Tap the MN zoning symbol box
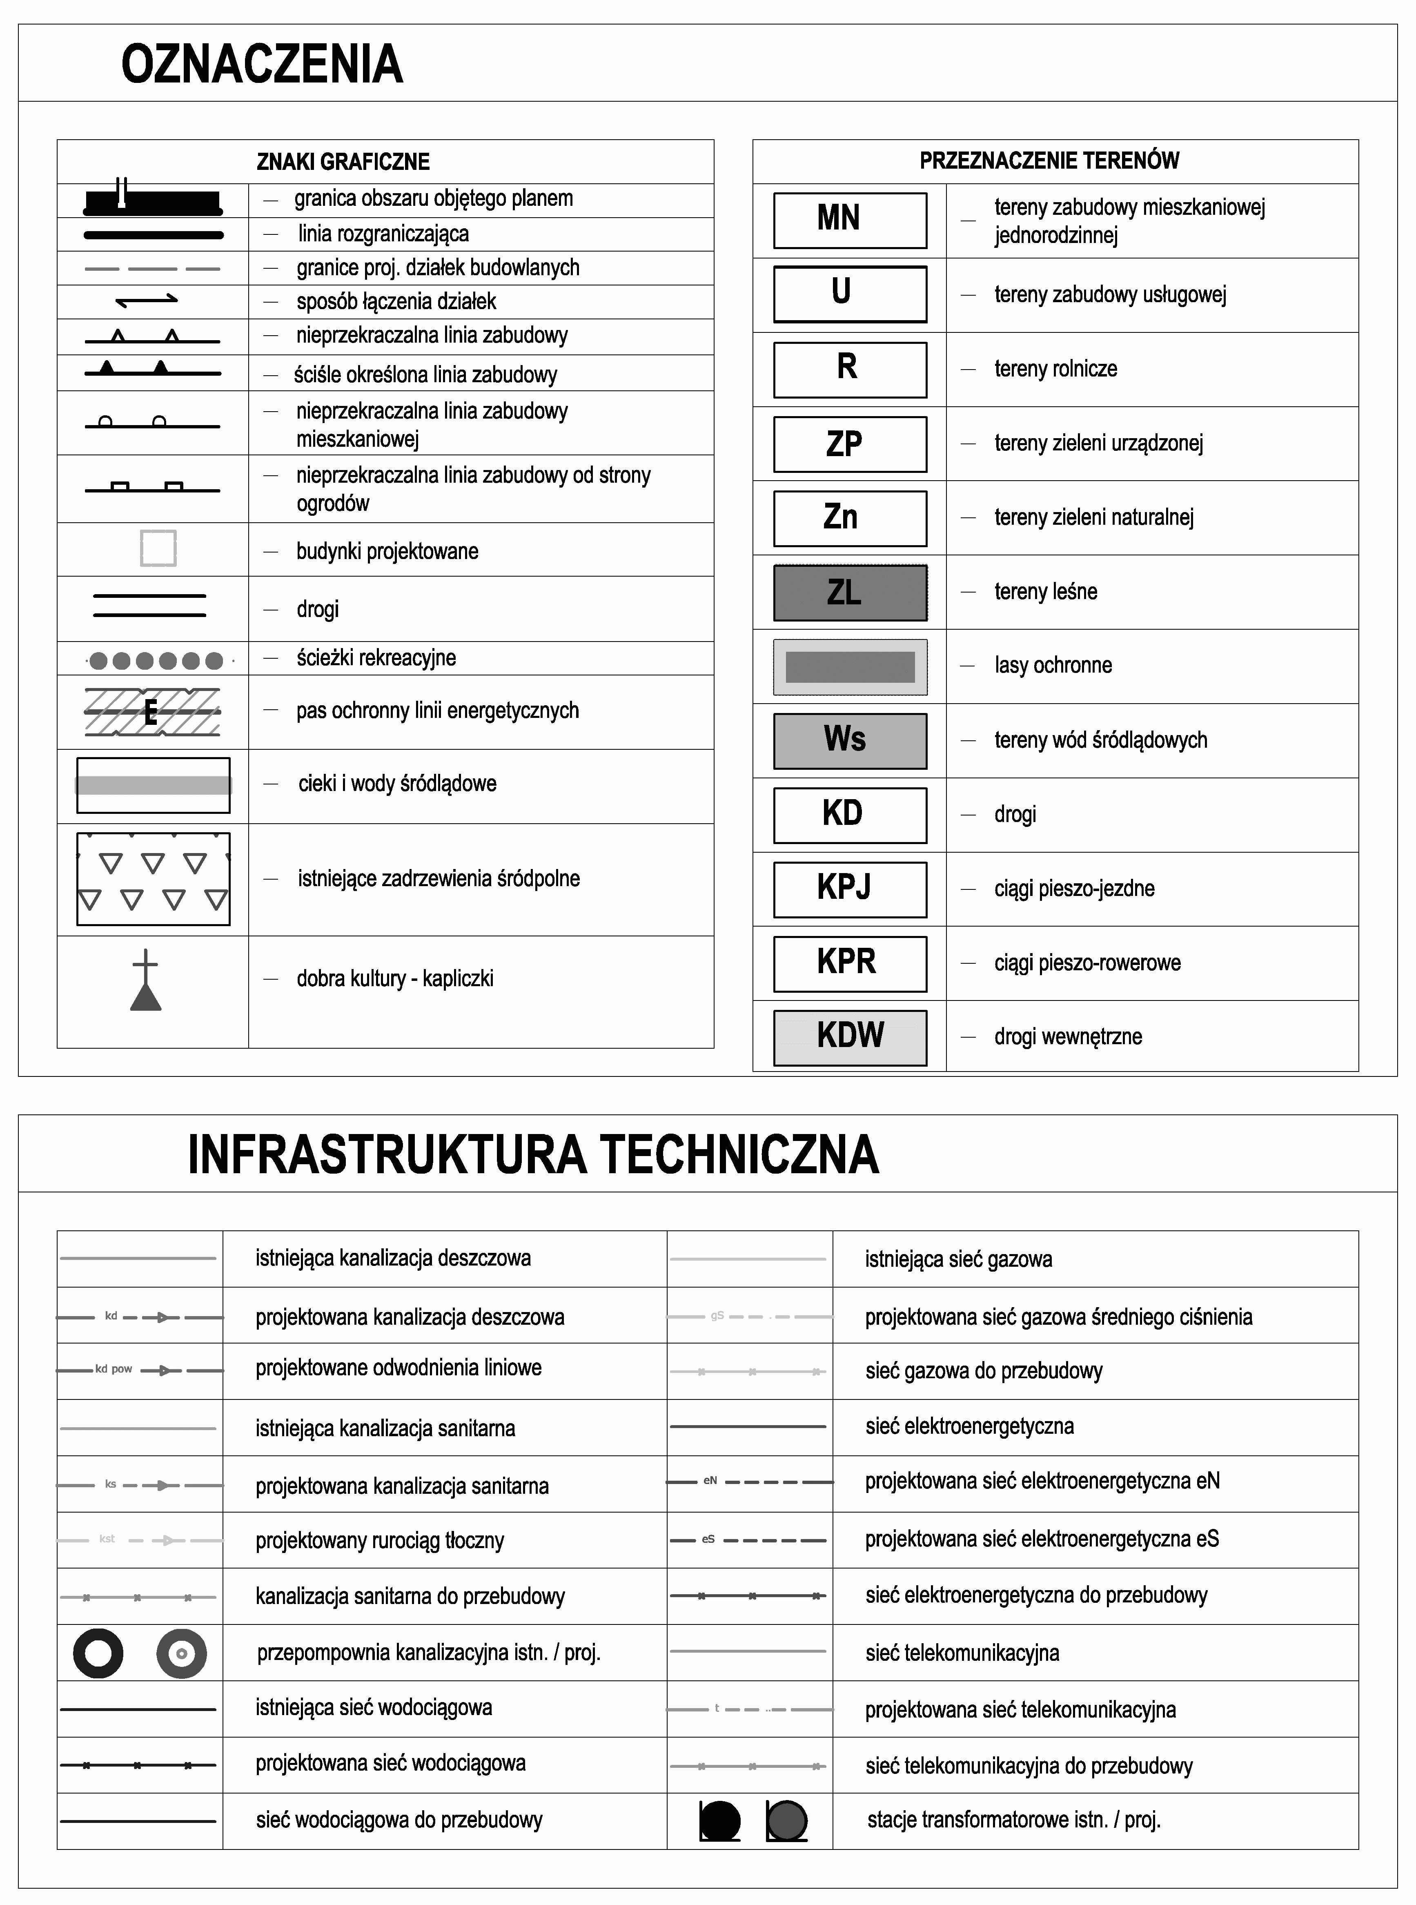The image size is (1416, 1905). pyautogui.click(x=849, y=221)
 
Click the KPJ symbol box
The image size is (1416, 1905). pyautogui.click(x=849, y=889)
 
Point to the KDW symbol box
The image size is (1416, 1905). pyautogui.click(x=849, y=1037)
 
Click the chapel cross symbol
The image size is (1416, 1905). pyautogui.click(x=146, y=980)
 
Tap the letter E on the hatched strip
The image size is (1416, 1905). pyautogui.click(x=151, y=712)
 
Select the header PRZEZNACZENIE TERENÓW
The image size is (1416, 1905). pyautogui.click(x=1049, y=160)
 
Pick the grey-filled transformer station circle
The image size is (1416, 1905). pyautogui.click(x=787, y=1820)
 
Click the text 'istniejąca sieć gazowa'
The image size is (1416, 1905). pyautogui.click(x=958, y=1259)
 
